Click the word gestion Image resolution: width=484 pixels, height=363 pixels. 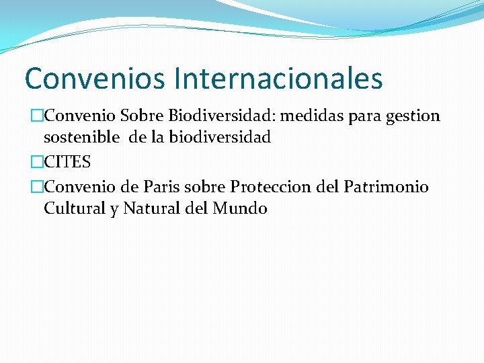(x=414, y=117)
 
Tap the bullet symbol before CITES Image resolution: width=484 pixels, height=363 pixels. (x=37, y=163)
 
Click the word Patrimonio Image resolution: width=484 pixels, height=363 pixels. (x=387, y=187)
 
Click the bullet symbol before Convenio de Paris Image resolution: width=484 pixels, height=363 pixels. (x=37, y=187)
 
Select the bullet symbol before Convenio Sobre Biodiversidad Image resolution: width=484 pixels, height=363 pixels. (x=37, y=116)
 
